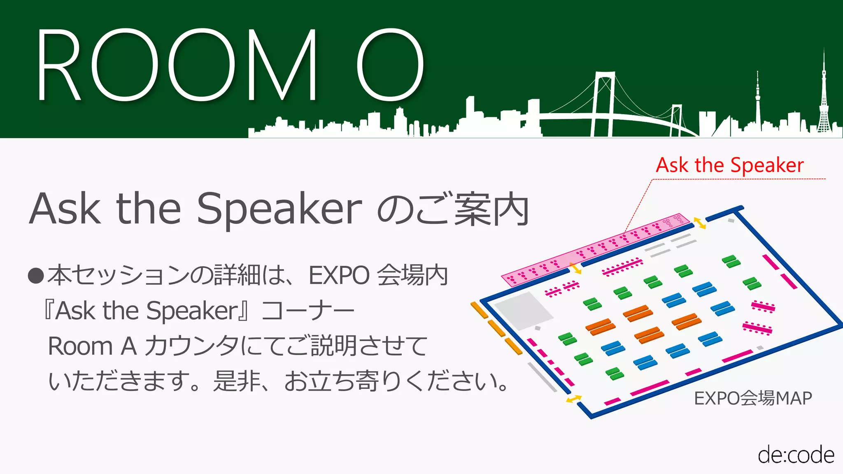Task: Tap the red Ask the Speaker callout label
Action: pos(729,165)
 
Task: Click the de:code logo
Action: pos(796,455)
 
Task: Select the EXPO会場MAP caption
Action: pos(753,398)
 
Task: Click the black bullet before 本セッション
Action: pos(36,276)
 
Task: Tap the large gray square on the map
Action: pos(523,311)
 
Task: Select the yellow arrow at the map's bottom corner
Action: pos(574,399)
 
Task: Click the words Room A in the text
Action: pos(92,346)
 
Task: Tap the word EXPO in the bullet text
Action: pos(339,275)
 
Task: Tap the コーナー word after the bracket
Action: pos(308,310)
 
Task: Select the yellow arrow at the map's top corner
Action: pos(700,223)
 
